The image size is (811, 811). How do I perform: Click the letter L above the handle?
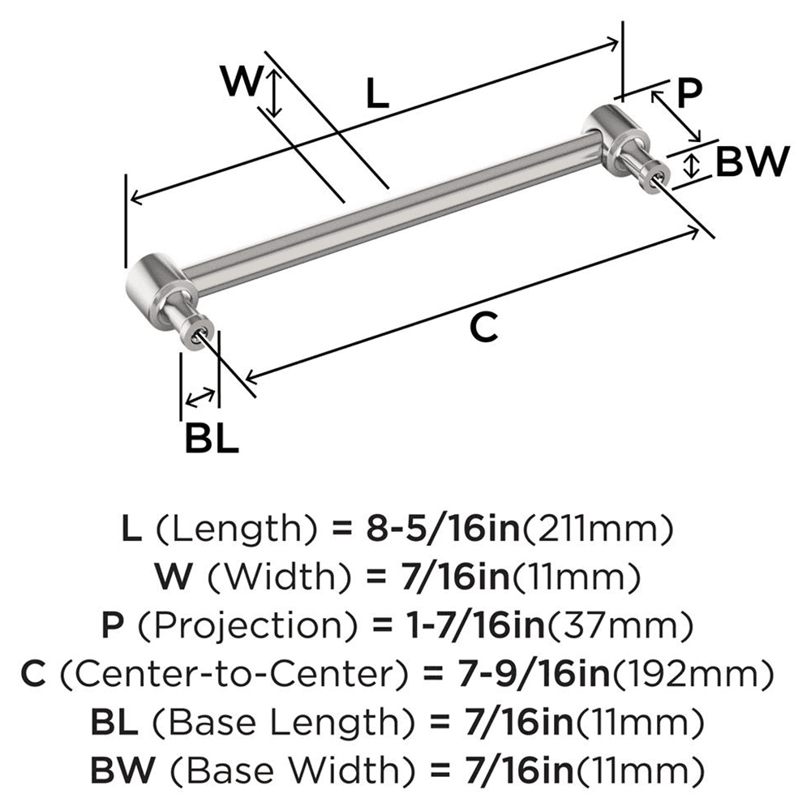[377, 95]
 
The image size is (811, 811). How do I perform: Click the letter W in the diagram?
[242, 83]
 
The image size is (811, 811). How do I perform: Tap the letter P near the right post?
[688, 94]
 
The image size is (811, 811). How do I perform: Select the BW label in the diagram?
[752, 163]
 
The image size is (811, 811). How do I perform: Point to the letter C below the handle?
[483, 328]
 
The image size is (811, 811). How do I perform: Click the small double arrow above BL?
[200, 397]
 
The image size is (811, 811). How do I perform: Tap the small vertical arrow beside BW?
[691, 166]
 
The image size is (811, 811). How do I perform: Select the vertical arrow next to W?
[275, 92]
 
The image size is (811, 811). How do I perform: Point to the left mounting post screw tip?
[200, 334]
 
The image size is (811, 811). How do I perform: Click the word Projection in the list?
[227, 625]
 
